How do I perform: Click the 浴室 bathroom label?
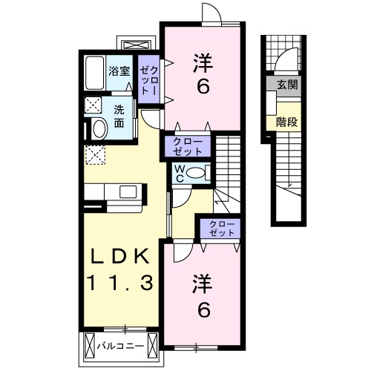[x=119, y=72]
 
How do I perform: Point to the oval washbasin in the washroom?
[x=97, y=128]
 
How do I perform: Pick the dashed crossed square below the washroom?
[x=95, y=155]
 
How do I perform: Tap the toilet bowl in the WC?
[x=197, y=173]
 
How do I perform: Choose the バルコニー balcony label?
[x=119, y=346]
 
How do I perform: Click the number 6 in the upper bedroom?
[x=202, y=87]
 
